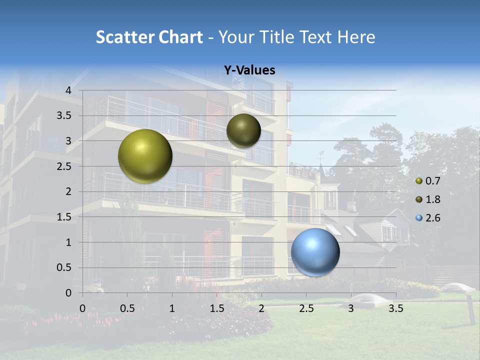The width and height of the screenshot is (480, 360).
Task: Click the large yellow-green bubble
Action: click(x=145, y=156)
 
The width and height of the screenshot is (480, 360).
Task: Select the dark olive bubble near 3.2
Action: click(x=243, y=130)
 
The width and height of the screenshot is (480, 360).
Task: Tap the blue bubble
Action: click(x=315, y=252)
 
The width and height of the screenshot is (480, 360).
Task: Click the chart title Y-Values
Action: click(x=249, y=70)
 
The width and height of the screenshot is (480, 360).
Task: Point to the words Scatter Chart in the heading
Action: click(x=149, y=37)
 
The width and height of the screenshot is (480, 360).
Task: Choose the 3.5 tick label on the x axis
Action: click(x=395, y=308)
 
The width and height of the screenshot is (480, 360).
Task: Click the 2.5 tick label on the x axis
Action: click(x=306, y=308)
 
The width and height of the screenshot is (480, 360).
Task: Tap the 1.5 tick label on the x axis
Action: click(x=216, y=308)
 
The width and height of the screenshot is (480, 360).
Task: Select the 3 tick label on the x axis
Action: click(x=351, y=308)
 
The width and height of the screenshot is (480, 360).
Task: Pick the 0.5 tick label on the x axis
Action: click(x=127, y=308)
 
